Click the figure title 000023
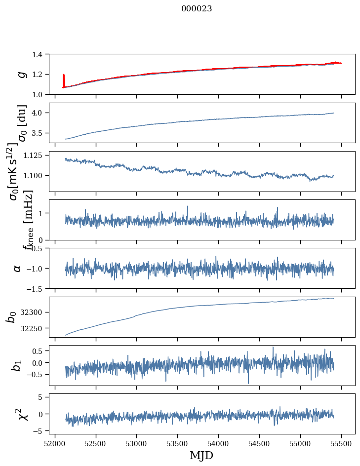197,8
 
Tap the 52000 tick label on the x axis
55,443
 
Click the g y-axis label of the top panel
21,74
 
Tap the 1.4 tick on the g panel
41,54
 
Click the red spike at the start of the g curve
64,80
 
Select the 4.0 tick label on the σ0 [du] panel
41,113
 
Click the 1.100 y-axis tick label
38,176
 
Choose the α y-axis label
17,268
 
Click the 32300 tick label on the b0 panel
37,312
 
